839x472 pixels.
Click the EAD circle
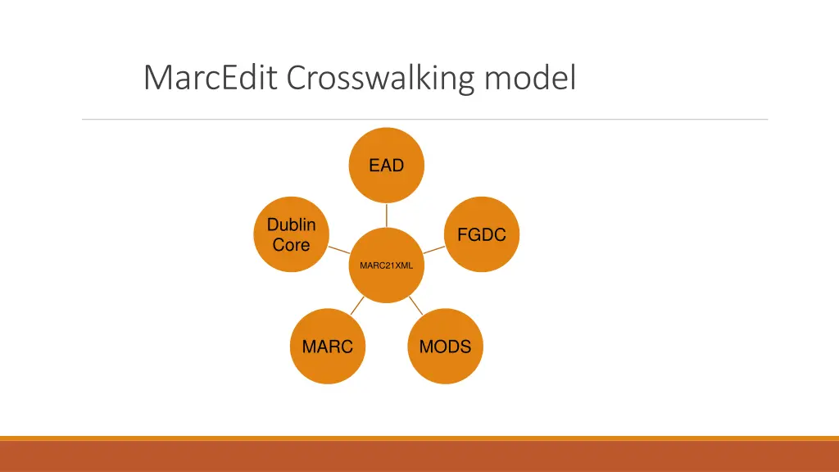[x=386, y=166]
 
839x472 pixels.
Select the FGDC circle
[x=481, y=235]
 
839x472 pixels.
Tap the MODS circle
[x=445, y=347]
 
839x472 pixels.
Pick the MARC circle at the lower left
[x=327, y=347]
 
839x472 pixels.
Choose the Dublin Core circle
[x=291, y=234]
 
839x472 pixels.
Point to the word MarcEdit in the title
[x=211, y=78]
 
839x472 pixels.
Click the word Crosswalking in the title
[x=381, y=79]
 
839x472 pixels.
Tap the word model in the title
[x=530, y=78]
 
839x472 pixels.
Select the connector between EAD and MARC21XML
[x=386, y=216]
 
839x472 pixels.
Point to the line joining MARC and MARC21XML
[x=356, y=307]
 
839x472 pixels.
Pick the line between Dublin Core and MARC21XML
[x=338, y=250]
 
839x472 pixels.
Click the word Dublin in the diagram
[x=291, y=225]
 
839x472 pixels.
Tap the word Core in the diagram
[x=291, y=245]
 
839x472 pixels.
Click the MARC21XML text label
[x=386, y=265]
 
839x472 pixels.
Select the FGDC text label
[x=481, y=235]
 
